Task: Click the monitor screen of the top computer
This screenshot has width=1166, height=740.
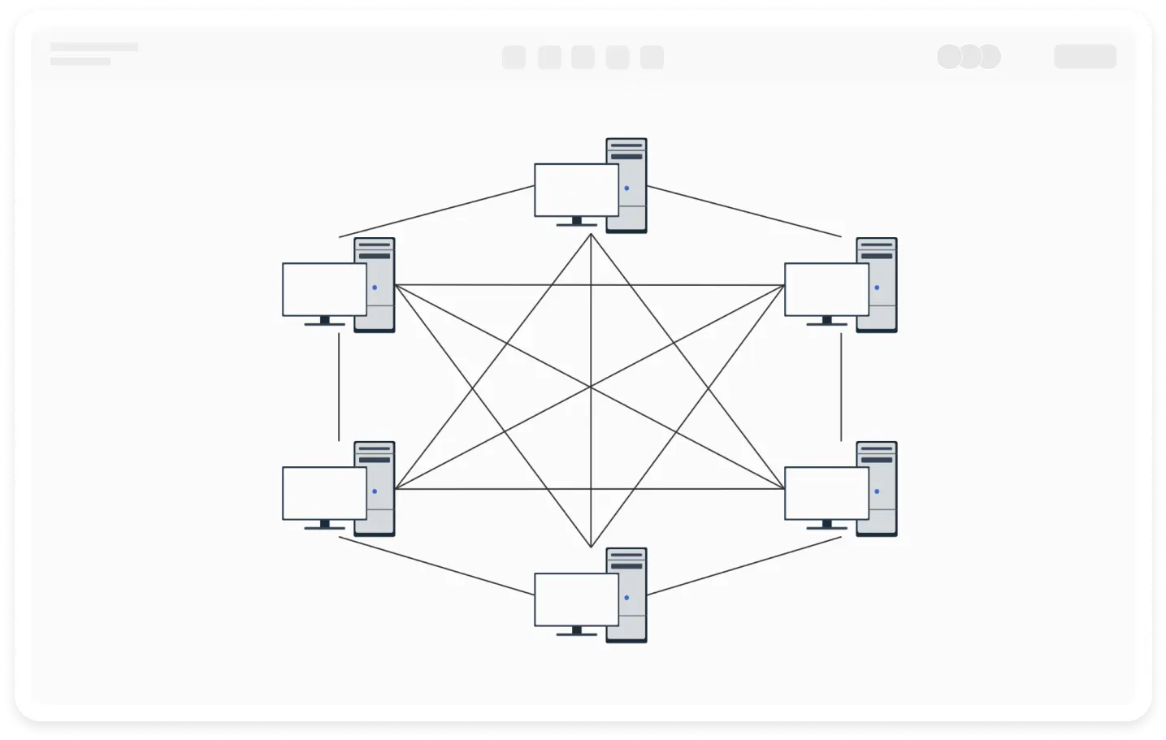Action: [576, 190]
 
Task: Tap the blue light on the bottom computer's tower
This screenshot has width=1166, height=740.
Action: [626, 598]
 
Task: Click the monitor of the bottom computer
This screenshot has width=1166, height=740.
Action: [576, 599]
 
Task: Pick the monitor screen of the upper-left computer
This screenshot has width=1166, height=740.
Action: [324, 289]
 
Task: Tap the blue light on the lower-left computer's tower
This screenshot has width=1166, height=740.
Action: [375, 491]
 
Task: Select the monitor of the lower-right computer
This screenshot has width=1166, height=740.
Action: [826, 493]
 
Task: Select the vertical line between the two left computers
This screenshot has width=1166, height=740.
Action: [339, 387]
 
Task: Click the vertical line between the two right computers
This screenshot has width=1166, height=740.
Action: [841, 387]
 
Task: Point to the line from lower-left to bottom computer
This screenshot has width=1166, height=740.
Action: [436, 566]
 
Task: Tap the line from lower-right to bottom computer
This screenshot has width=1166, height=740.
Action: [743, 566]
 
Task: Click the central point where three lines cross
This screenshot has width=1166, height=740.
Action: [591, 387]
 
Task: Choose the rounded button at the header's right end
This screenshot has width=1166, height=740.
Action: [1085, 57]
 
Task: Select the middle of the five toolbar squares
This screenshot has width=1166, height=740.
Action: [583, 58]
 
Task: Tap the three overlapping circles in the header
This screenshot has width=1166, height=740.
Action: [969, 57]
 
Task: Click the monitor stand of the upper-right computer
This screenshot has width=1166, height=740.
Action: [826, 322]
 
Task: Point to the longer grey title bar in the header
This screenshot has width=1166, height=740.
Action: [93, 47]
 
